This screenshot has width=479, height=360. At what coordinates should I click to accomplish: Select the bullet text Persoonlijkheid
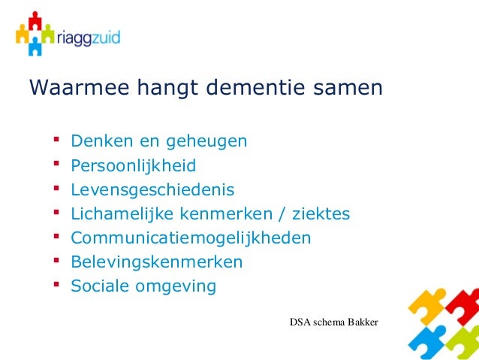133,165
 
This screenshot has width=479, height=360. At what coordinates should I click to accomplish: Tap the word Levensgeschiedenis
152,189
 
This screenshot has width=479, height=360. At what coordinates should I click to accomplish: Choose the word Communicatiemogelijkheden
190,238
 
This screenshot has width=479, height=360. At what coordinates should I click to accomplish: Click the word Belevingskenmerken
156,262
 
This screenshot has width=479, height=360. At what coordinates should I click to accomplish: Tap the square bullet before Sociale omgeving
54,285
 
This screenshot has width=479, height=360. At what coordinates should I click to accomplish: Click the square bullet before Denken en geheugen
54,139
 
